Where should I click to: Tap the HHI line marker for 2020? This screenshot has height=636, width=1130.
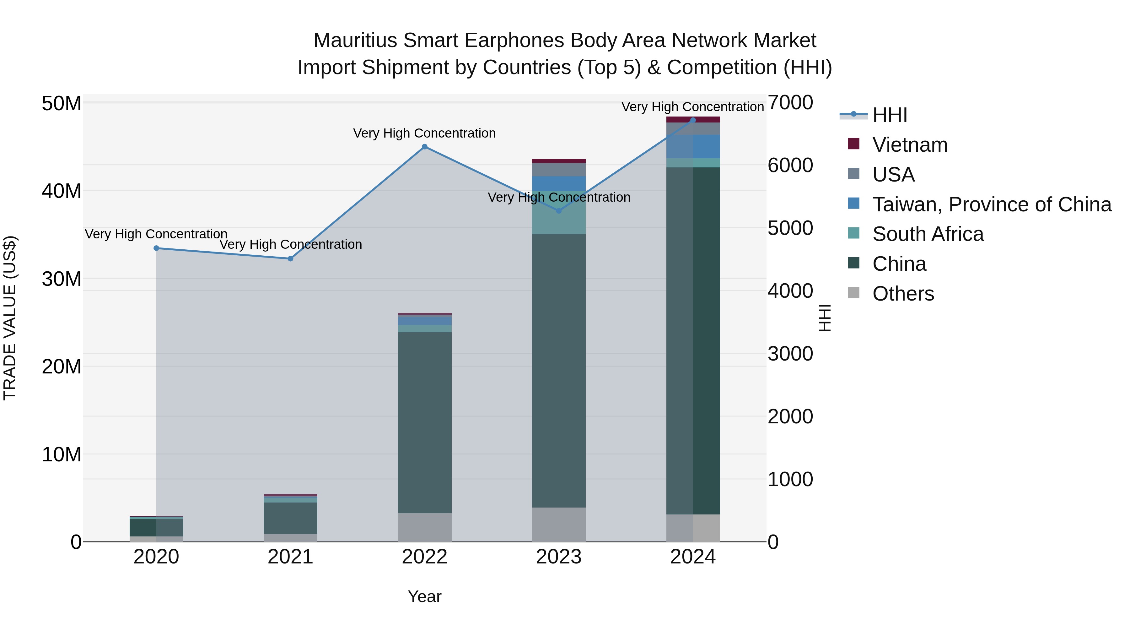156,248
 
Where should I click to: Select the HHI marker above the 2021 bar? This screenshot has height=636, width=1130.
290,258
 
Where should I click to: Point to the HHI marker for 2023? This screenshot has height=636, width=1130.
558,211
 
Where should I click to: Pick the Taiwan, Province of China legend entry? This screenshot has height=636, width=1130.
991,204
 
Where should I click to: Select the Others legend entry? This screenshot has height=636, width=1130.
903,294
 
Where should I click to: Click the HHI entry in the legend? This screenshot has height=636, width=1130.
889,115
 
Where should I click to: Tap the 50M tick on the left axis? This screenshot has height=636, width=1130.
62,104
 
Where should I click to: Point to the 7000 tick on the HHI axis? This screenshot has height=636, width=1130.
790,103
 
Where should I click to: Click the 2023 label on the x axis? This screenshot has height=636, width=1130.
558,557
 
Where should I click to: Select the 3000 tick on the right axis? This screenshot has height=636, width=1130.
790,354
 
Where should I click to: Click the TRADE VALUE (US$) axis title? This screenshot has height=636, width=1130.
10,318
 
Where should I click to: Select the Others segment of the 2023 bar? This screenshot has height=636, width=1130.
558,525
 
